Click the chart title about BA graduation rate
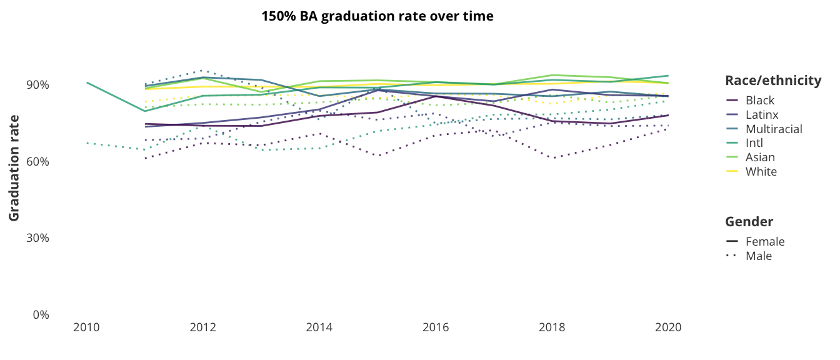click(x=377, y=16)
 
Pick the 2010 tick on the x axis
click(x=86, y=327)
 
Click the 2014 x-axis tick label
click(x=319, y=327)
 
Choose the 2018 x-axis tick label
click(x=552, y=327)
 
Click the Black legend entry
click(x=759, y=101)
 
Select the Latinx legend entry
click(x=762, y=115)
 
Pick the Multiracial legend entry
click(x=774, y=129)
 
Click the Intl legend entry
click(x=756, y=144)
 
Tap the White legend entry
click(x=761, y=172)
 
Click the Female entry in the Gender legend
click(x=765, y=242)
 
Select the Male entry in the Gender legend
click(x=759, y=256)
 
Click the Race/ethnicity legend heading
click(x=772, y=81)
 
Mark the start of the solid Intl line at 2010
click(x=87, y=82)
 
